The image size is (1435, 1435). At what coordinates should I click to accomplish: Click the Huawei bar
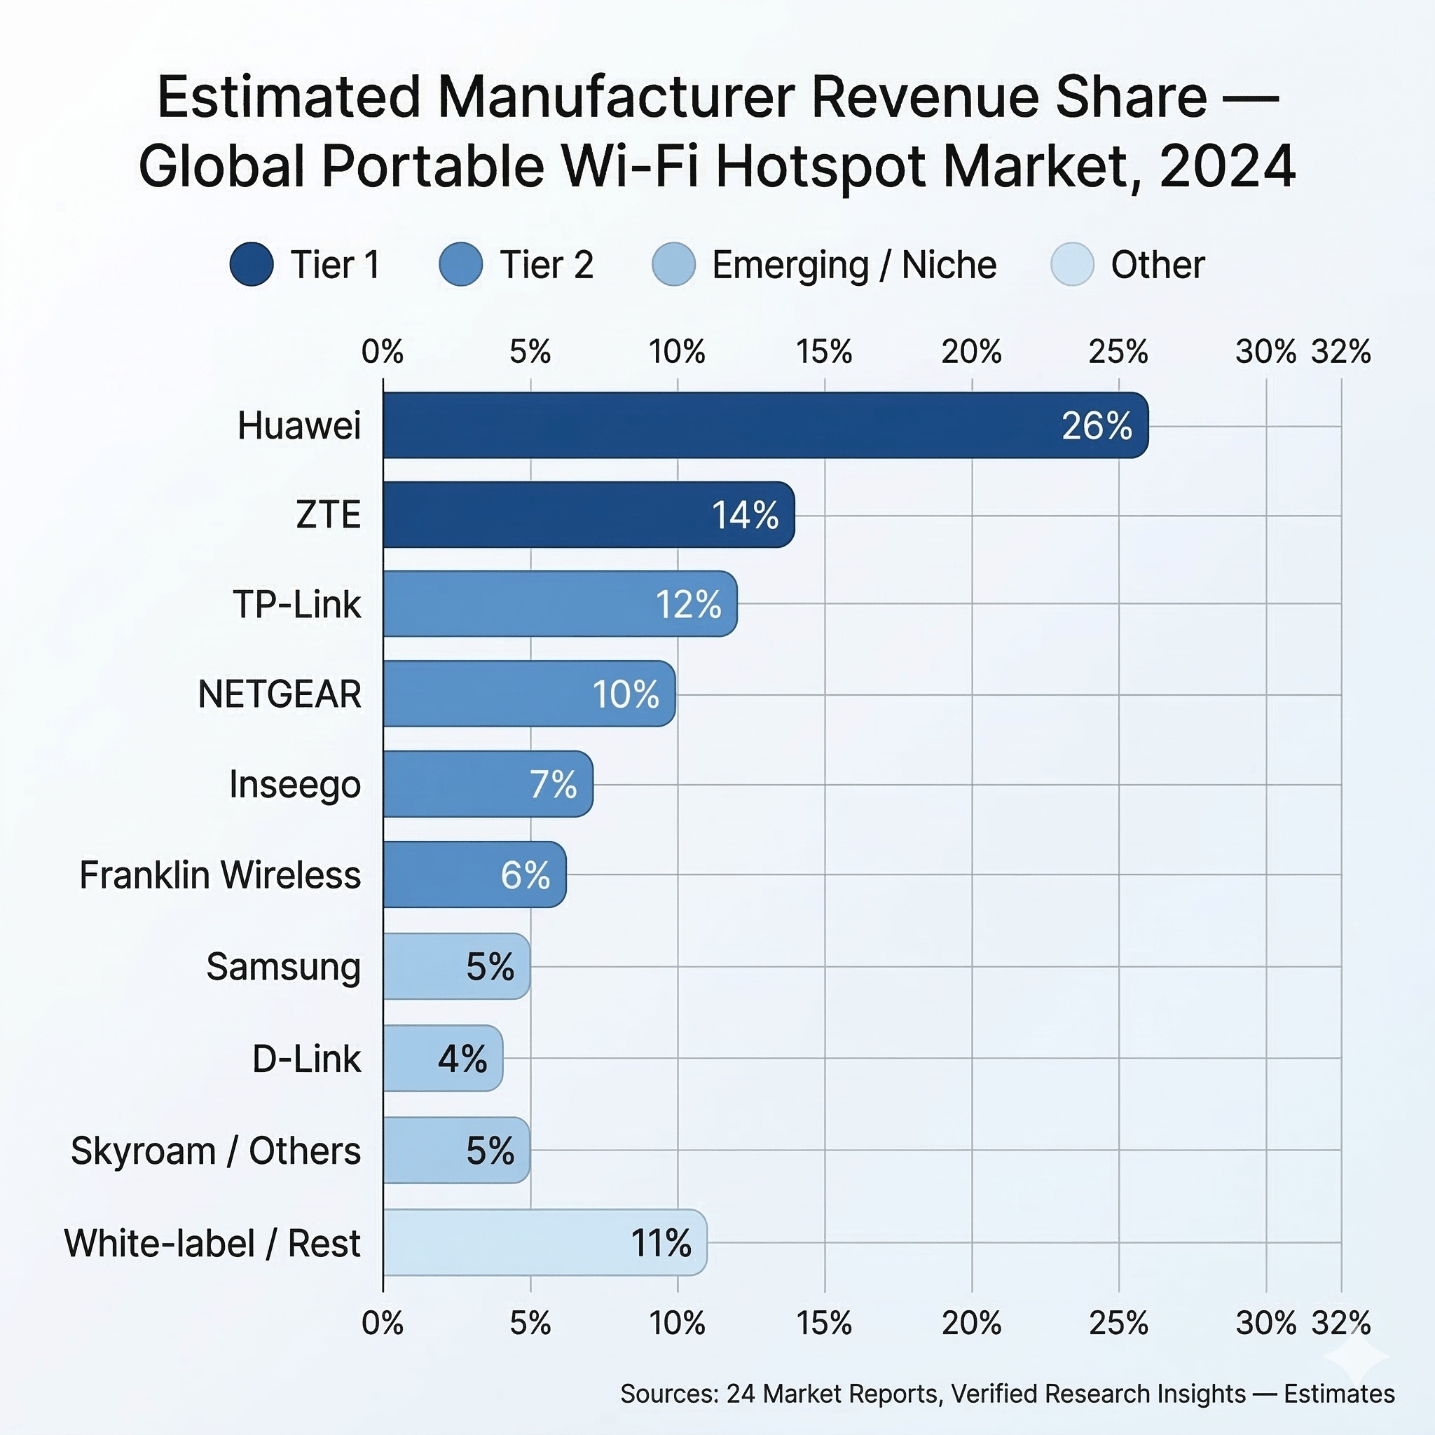click(x=765, y=425)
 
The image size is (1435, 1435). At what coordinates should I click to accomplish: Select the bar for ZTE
click(x=589, y=515)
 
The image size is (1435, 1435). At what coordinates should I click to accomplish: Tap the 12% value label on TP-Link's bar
click(x=688, y=605)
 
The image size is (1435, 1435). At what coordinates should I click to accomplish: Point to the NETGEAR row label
click(x=280, y=694)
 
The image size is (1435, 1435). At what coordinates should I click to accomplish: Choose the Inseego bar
click(x=488, y=784)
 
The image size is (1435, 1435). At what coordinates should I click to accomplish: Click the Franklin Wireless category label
click(x=220, y=875)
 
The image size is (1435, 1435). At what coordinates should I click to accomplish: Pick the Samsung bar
click(x=456, y=966)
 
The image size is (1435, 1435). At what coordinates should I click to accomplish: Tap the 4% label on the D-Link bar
click(x=462, y=1059)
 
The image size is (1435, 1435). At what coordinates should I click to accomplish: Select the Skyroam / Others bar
click(x=456, y=1151)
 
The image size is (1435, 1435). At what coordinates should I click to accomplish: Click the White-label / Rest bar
click(x=544, y=1242)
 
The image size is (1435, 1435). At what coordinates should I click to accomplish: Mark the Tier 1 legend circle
click(x=252, y=264)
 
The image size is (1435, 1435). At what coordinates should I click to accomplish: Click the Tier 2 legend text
click(x=547, y=265)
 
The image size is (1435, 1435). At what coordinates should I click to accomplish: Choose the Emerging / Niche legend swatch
click(x=673, y=264)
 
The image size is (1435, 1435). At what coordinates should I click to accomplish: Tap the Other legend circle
click(x=1073, y=264)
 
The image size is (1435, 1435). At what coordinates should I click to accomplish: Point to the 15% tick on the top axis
click(x=824, y=351)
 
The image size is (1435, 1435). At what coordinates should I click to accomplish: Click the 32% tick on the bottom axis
click(x=1340, y=1323)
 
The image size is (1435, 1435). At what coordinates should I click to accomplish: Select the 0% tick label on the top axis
click(x=383, y=351)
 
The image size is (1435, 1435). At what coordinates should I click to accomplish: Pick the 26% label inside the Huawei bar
click(x=1097, y=425)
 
